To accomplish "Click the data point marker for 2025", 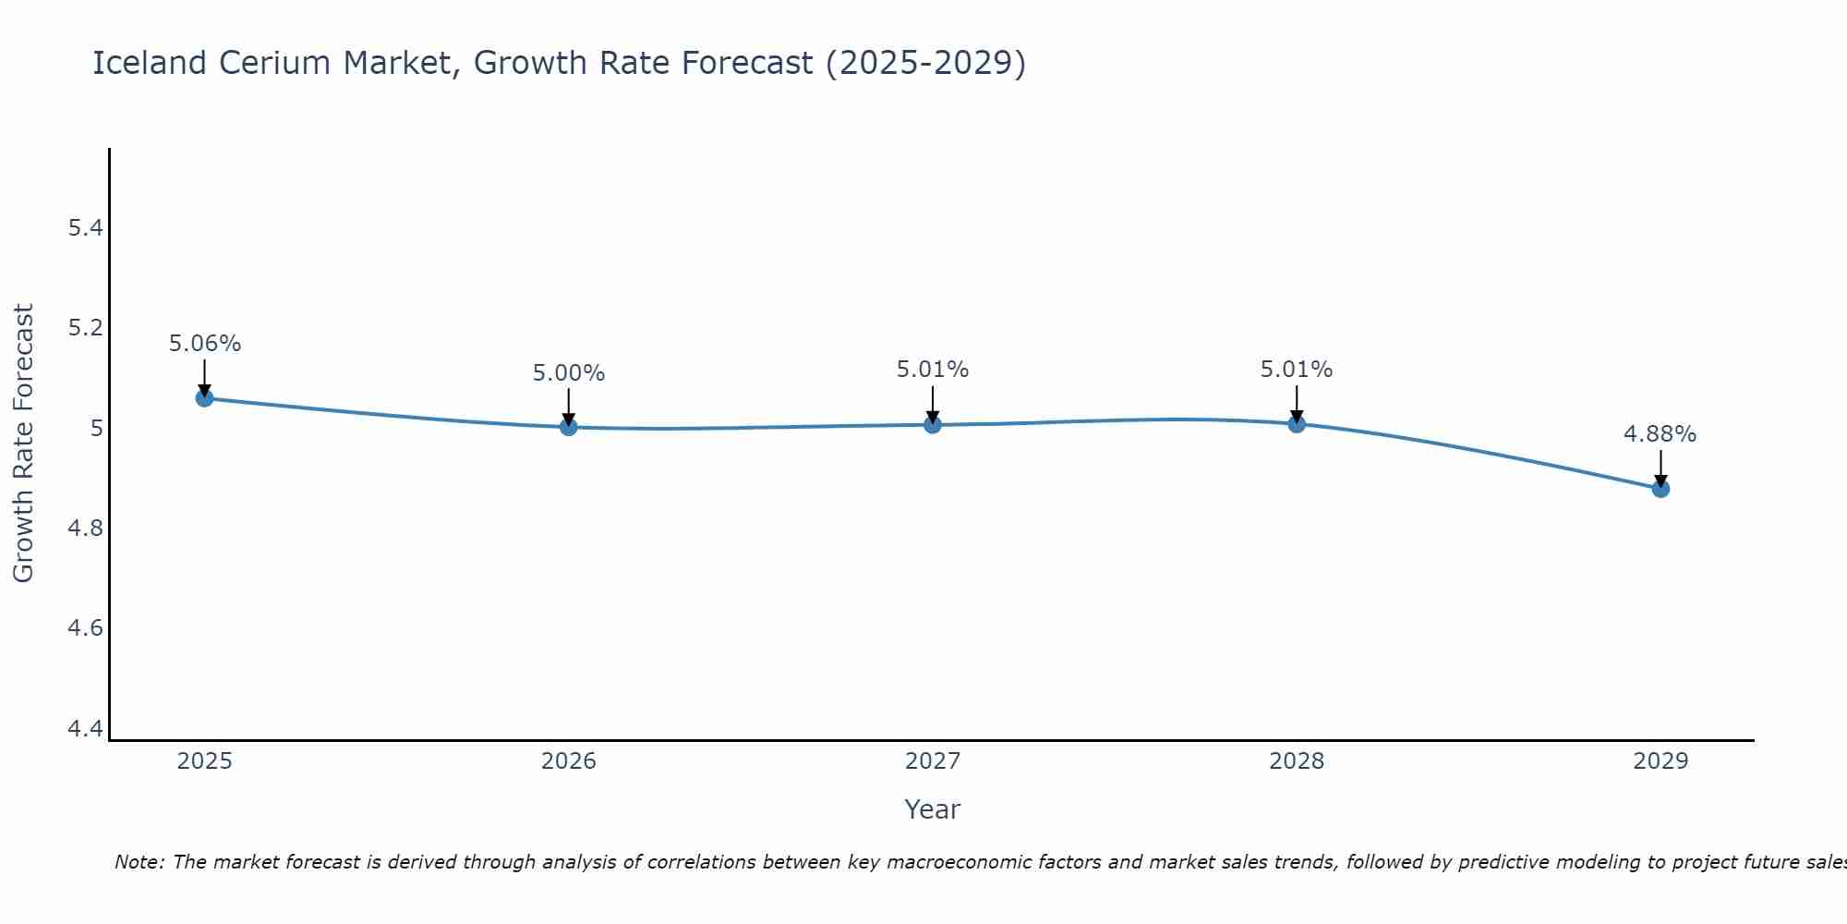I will [204, 398].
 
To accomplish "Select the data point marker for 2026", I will [568, 427].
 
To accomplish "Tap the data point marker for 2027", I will [933, 424].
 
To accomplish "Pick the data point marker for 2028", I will [1297, 424].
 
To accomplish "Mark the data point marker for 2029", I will [1660, 488].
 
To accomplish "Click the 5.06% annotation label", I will [204, 344].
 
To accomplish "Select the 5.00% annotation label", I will [568, 373].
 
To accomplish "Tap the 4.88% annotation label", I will [1660, 434].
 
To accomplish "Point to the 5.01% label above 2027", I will [933, 370].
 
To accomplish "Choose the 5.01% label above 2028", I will [1297, 370].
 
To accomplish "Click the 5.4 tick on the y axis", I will [85, 228].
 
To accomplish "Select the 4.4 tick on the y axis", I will [85, 729].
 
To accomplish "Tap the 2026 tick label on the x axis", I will [568, 761].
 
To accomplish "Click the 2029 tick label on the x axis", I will [1660, 761].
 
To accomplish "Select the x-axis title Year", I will [933, 809].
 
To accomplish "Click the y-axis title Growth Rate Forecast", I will [23, 444].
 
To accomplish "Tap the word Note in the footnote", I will [139, 862].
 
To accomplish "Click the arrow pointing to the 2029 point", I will [1660, 467].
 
